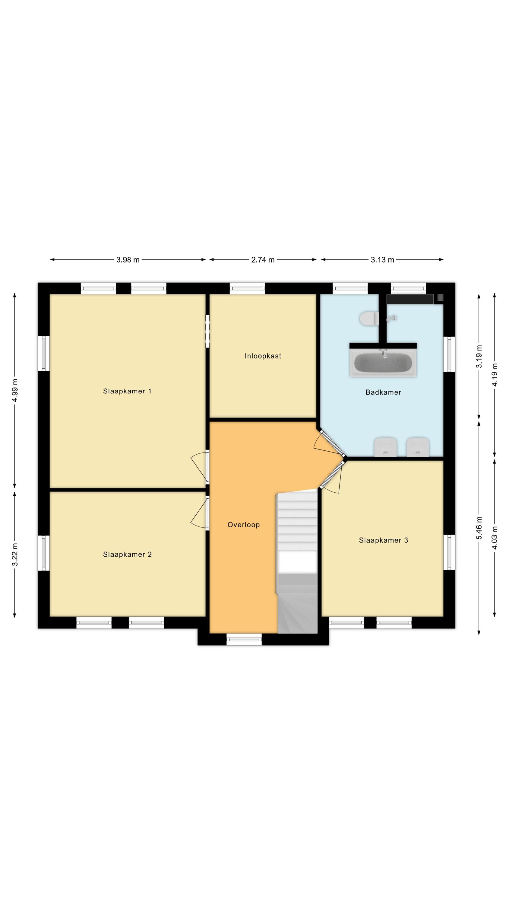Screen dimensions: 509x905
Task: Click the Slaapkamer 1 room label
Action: tap(127, 391)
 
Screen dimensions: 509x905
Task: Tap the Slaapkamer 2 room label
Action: tap(127, 554)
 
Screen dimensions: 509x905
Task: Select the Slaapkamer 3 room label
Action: tap(383, 540)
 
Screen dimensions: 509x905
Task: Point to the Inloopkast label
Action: tap(263, 356)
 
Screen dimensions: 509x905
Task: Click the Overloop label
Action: tap(243, 525)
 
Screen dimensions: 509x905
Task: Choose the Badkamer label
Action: tap(383, 392)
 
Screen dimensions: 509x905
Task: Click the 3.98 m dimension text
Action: tap(128, 260)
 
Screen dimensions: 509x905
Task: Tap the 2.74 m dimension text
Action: tap(263, 260)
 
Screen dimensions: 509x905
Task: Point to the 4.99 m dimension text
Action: tap(15, 391)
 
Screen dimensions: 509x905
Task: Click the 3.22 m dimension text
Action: tap(15, 555)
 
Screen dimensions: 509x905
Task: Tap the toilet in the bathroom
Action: tap(369, 319)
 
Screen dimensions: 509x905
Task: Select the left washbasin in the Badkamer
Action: tap(385, 447)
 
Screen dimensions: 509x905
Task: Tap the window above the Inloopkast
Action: tap(247, 288)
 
